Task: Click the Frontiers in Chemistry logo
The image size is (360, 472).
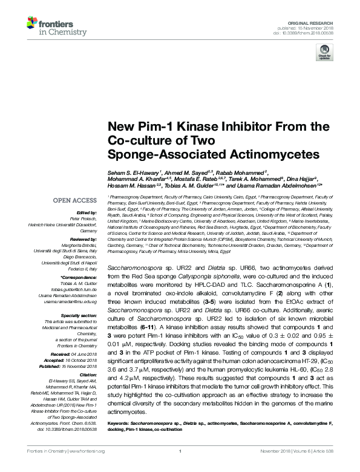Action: tap(55, 25)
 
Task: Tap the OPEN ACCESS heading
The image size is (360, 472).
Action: tap(74, 200)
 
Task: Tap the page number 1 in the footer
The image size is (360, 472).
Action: tap(180, 467)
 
